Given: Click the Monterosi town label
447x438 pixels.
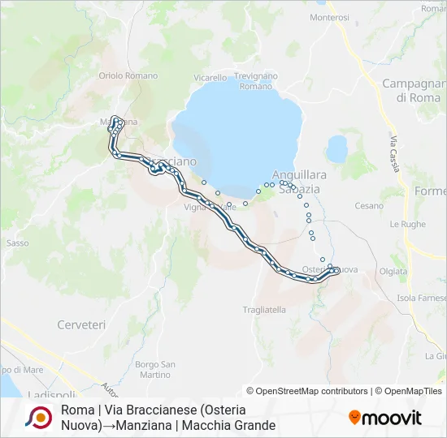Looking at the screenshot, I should (329, 17).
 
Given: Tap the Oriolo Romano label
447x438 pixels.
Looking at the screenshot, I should (128, 75).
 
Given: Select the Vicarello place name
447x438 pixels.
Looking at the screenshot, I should (210, 78).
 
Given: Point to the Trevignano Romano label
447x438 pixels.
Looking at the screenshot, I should (256, 81).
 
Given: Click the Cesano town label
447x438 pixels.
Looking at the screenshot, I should (369, 206).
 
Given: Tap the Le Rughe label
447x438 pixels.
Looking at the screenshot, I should (408, 224).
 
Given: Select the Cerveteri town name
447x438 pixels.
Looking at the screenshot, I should (81, 324).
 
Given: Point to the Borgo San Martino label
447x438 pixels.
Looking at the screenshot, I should (154, 369).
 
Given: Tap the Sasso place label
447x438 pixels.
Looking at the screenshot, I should (18, 243).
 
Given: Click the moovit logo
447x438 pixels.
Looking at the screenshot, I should (386, 418).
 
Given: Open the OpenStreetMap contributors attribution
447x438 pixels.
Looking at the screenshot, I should (307, 391).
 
